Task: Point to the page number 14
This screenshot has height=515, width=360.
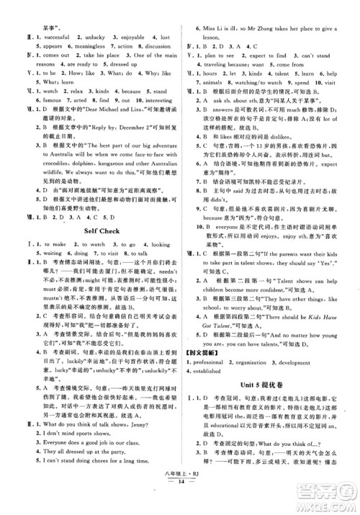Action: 179,507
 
